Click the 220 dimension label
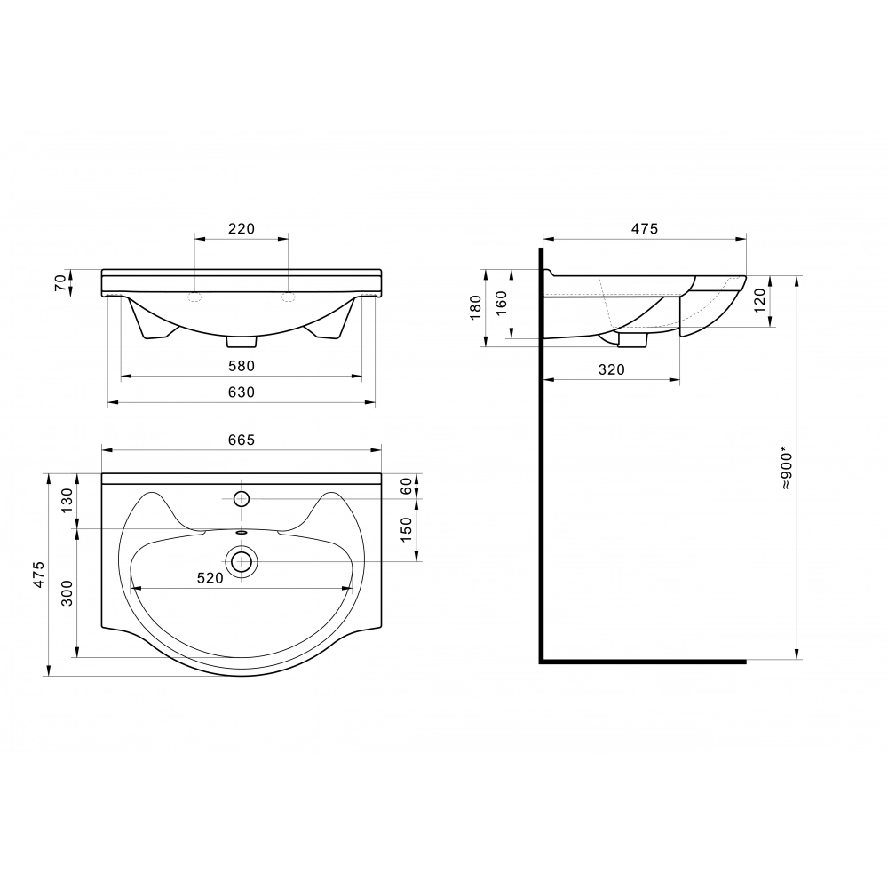coord(242,228)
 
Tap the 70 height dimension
coord(60,284)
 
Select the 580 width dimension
coord(242,366)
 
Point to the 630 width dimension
coord(242,392)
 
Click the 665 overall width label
coord(242,440)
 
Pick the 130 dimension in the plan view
coord(67,501)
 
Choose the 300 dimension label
coord(67,593)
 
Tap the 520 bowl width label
coord(210,578)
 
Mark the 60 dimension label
coord(406,486)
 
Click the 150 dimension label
coord(406,530)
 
